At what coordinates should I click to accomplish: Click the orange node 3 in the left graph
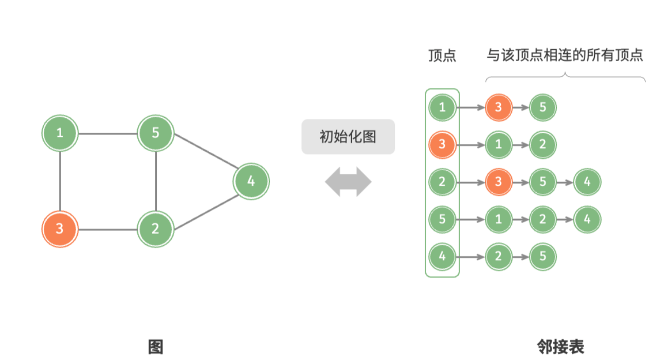click(x=60, y=228)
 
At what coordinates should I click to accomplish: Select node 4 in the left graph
click(x=251, y=181)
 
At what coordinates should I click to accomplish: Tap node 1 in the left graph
click(x=60, y=133)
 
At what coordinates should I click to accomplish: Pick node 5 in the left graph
click(x=155, y=133)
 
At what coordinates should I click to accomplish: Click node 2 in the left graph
click(x=155, y=228)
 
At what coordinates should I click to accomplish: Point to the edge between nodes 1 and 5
click(x=107, y=134)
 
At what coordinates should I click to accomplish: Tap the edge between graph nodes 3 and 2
click(x=107, y=229)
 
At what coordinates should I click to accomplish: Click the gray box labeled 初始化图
click(x=348, y=137)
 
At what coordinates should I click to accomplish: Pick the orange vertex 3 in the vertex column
click(x=442, y=145)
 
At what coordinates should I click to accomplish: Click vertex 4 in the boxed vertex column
click(x=442, y=256)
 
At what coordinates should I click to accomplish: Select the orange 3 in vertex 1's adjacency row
click(x=498, y=107)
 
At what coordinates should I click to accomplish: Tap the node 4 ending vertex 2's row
click(x=587, y=182)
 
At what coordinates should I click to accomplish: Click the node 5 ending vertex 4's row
click(x=542, y=256)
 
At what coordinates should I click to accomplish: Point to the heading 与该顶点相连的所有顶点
click(x=565, y=56)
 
